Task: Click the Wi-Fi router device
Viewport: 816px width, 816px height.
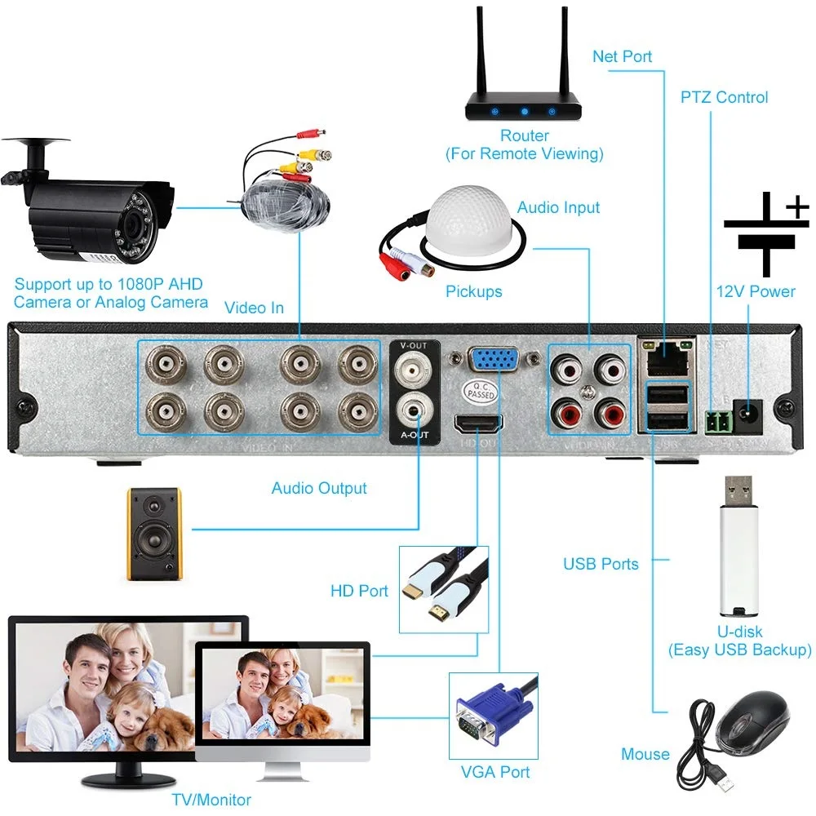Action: point(523,106)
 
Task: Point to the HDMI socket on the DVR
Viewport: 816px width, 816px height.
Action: point(478,424)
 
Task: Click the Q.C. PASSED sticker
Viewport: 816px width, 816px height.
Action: point(481,392)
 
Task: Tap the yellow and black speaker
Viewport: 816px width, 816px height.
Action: point(153,534)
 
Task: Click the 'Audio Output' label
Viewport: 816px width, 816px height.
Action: point(319,488)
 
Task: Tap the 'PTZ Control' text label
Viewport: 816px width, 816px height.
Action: point(724,97)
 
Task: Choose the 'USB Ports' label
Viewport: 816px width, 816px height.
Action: point(601,564)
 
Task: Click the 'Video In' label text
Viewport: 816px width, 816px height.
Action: point(254,307)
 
